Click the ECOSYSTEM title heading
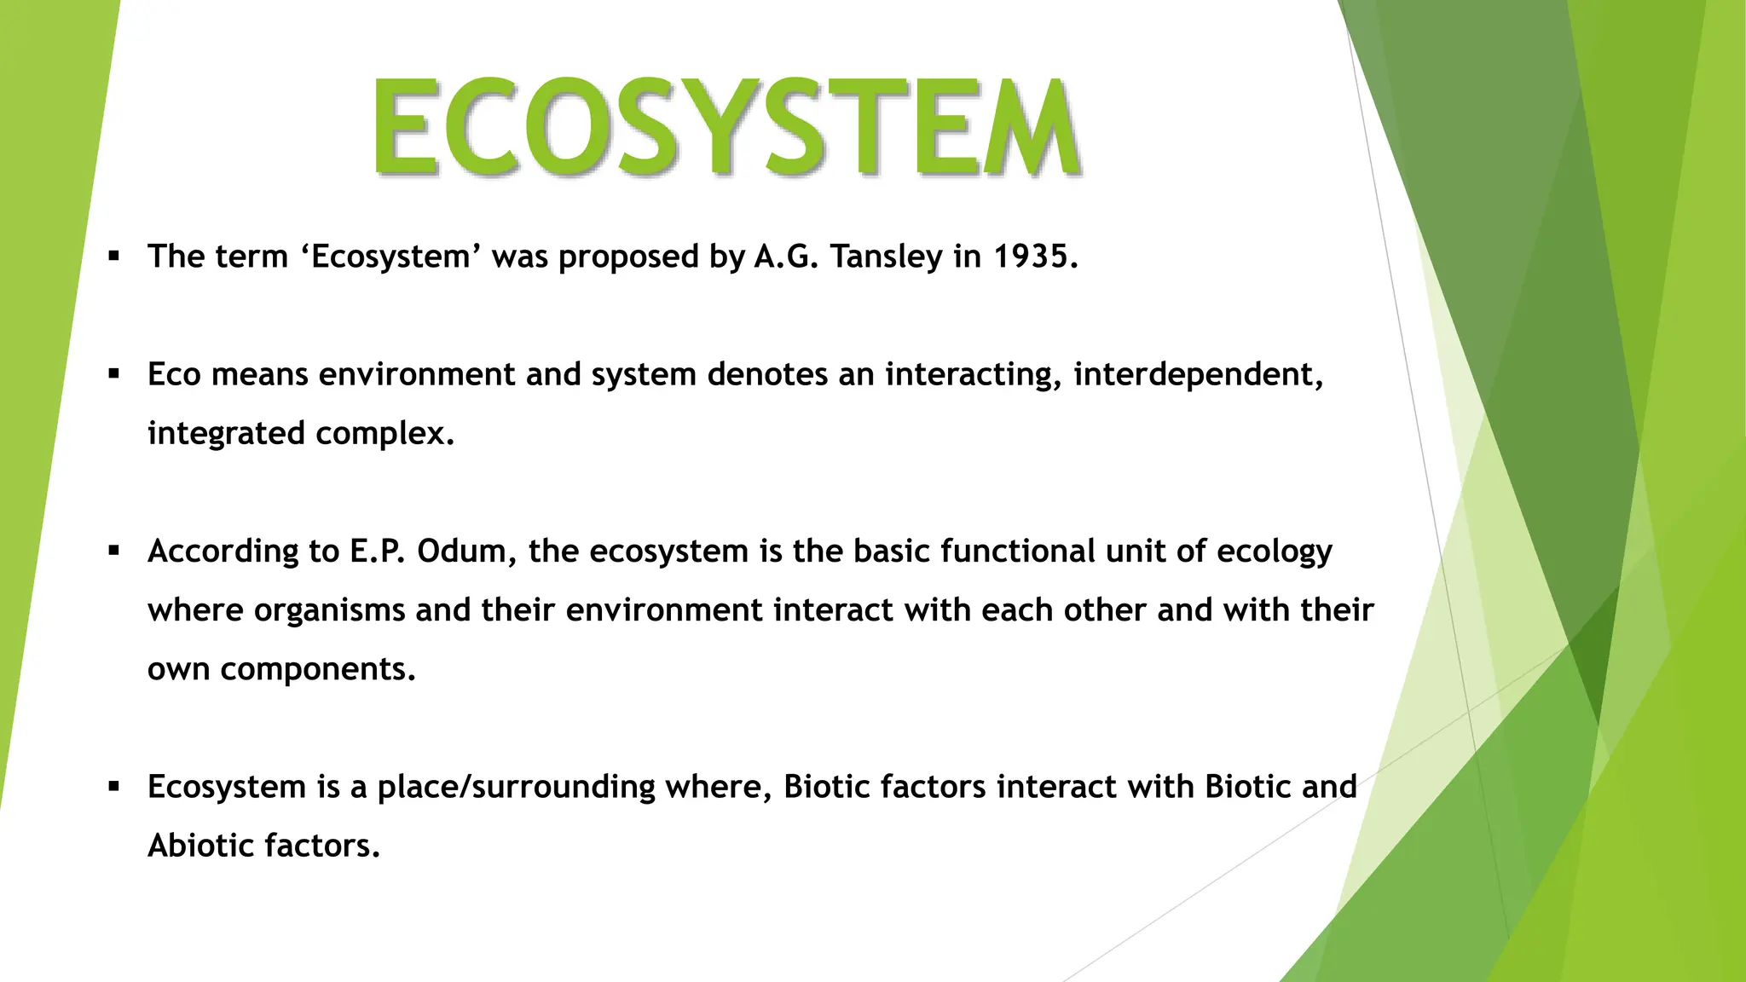click(x=726, y=128)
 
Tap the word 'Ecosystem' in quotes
click(x=391, y=257)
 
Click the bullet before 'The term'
click(x=113, y=256)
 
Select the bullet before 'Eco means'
click(x=113, y=373)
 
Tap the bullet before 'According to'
click(x=113, y=551)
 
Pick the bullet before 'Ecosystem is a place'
click(x=113, y=786)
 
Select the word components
click(x=317, y=670)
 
